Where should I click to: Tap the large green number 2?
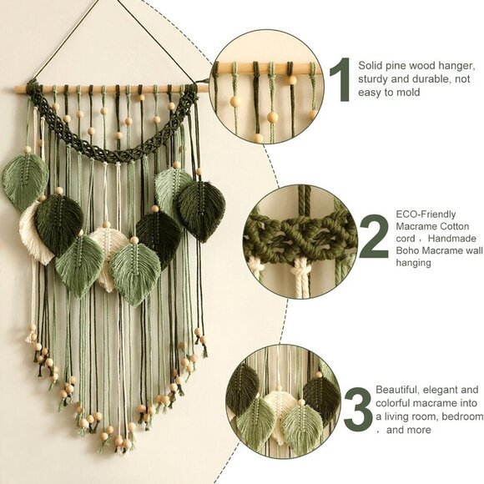(374, 236)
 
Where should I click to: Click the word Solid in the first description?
(371, 63)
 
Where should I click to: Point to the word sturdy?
(372, 78)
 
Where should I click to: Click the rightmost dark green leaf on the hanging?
(201, 209)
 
